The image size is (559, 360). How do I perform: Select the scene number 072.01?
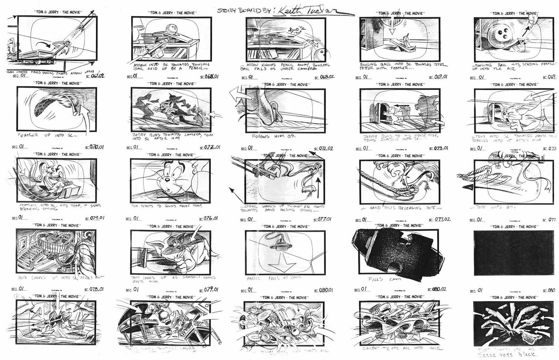click(x=210, y=147)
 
